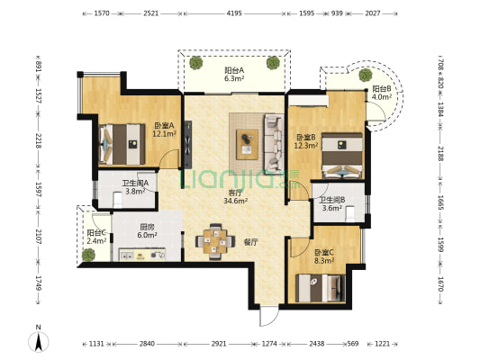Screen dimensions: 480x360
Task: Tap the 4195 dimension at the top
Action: point(234,13)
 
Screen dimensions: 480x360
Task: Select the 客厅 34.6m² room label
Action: point(235,197)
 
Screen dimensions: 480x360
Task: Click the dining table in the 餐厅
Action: point(215,241)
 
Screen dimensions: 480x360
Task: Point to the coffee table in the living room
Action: point(247,144)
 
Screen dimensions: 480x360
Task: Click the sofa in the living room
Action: point(274,143)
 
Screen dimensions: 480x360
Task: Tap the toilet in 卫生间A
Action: point(117,200)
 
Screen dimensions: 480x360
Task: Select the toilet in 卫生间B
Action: point(350,214)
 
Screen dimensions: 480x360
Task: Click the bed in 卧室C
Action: point(321,288)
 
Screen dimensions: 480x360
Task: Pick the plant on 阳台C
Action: point(88,255)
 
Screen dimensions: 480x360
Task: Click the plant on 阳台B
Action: point(366,75)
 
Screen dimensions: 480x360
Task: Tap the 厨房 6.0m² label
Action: point(147,231)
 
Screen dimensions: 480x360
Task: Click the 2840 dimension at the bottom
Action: point(147,344)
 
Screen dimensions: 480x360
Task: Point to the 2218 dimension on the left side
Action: point(38,140)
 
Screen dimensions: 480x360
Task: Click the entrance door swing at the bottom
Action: point(268,315)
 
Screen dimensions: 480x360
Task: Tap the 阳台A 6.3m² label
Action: point(234,75)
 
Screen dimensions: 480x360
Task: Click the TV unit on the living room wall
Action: point(187,144)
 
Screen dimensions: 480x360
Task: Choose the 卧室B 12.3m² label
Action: point(305,141)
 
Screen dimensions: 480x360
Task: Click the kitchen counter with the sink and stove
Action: point(142,255)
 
